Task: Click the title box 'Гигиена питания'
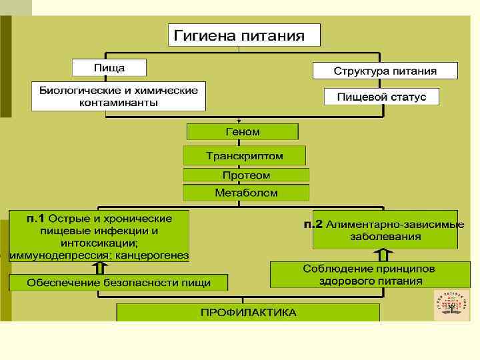tap(243, 35)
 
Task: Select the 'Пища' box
tap(108, 68)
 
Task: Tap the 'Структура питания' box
tap(385, 71)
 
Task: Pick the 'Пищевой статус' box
tap(381, 97)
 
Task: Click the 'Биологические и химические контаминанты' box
tap(119, 97)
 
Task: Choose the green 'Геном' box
tap(243, 131)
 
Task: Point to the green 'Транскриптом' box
tap(244, 156)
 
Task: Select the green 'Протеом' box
tap(246, 175)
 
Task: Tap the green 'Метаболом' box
tap(246, 193)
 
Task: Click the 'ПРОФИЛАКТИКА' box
tap(249, 312)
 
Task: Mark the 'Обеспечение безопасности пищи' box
tap(118, 283)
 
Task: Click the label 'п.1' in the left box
tap(35, 219)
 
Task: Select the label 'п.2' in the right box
tap(313, 224)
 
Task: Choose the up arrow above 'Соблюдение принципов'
tap(384, 254)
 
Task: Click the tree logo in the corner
tap(451, 305)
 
